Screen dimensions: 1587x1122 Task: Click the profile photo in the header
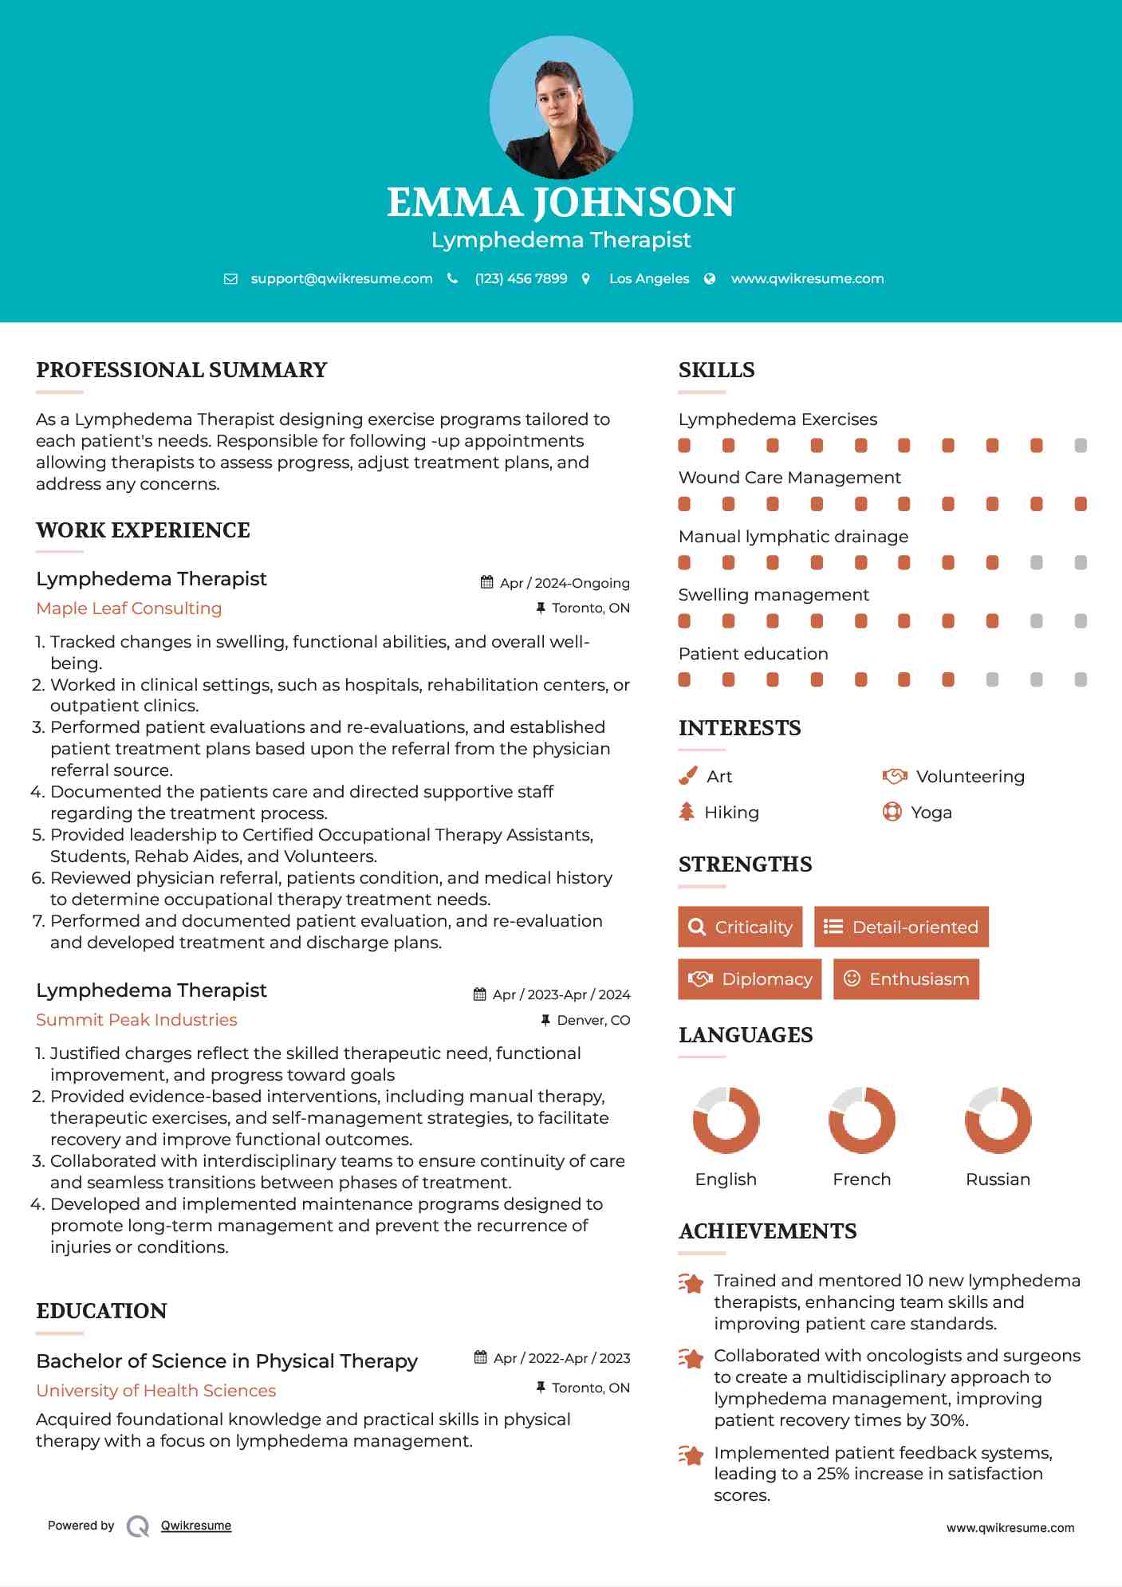561,107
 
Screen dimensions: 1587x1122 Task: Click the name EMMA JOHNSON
561,203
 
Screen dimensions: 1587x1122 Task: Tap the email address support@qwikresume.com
341,278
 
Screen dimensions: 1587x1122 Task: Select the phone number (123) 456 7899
521,278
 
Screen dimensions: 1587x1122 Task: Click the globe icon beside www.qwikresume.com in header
710,278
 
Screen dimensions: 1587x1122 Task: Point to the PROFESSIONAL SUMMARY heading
182,370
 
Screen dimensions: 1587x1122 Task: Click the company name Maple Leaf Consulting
129,608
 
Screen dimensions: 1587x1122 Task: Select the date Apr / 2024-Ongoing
565,583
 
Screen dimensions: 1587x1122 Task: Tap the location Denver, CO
593,1020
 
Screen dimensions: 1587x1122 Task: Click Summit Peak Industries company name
136,1020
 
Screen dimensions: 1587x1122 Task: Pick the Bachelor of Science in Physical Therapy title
226,1361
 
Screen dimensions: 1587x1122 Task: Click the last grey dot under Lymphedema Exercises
1081,446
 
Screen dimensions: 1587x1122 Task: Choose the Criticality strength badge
740,927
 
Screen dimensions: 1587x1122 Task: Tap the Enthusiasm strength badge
906,979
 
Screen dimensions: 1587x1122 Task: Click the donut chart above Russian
998,1120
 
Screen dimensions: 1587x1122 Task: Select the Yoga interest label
931,813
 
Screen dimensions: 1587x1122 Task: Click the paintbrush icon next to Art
687,776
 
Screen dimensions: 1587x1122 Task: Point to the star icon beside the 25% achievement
691,1455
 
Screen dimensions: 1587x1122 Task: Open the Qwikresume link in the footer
196,1526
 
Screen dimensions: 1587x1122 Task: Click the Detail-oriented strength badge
901,927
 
